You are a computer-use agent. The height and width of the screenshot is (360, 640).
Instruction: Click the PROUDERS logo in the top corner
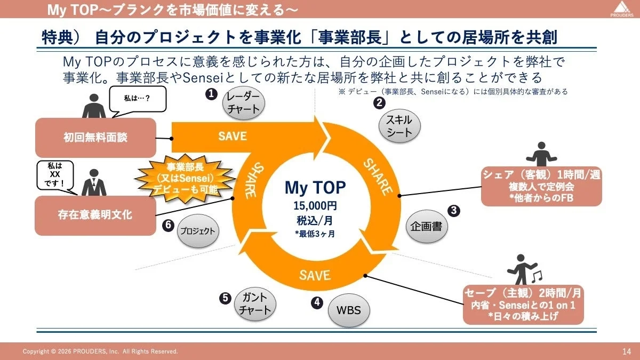[x=621, y=9]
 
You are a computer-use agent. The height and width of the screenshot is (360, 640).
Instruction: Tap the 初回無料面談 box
[x=95, y=138]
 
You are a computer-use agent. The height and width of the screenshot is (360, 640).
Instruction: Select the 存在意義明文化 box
[x=95, y=215]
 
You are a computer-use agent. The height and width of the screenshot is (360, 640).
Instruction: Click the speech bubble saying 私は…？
[x=137, y=99]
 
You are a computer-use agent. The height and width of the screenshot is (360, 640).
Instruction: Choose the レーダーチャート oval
[x=243, y=102]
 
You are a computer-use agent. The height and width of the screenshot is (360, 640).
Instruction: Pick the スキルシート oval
[x=399, y=127]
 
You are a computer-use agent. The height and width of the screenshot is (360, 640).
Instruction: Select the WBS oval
[x=348, y=310]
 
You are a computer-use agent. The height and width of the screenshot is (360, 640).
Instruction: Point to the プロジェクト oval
[x=197, y=231]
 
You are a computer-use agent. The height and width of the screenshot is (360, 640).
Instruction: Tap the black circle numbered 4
[x=317, y=302]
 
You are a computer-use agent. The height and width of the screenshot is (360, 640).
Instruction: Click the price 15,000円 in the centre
[x=315, y=205]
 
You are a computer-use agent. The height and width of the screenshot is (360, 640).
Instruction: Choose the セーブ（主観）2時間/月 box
[x=523, y=305]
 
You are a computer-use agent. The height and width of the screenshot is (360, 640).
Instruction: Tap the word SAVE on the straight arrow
[x=233, y=136]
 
